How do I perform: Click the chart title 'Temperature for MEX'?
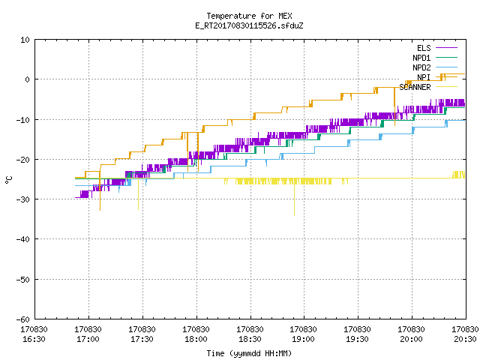[x=249, y=16]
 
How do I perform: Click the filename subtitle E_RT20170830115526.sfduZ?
[x=249, y=25]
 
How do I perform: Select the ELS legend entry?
[x=437, y=48]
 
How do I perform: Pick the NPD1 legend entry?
[x=435, y=58]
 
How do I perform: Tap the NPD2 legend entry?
[x=435, y=67]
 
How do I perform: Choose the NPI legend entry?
[x=437, y=77]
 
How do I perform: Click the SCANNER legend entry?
[x=428, y=87]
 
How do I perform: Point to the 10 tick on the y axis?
[x=25, y=40]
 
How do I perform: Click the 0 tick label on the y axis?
[x=28, y=79]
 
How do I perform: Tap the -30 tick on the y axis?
[x=23, y=199]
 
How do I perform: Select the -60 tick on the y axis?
[x=23, y=319]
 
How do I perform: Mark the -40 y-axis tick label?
[x=23, y=239]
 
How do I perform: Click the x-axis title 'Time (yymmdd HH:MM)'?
[x=249, y=353]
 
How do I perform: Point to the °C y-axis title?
[x=8, y=180]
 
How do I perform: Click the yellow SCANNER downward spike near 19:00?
[x=295, y=199]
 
